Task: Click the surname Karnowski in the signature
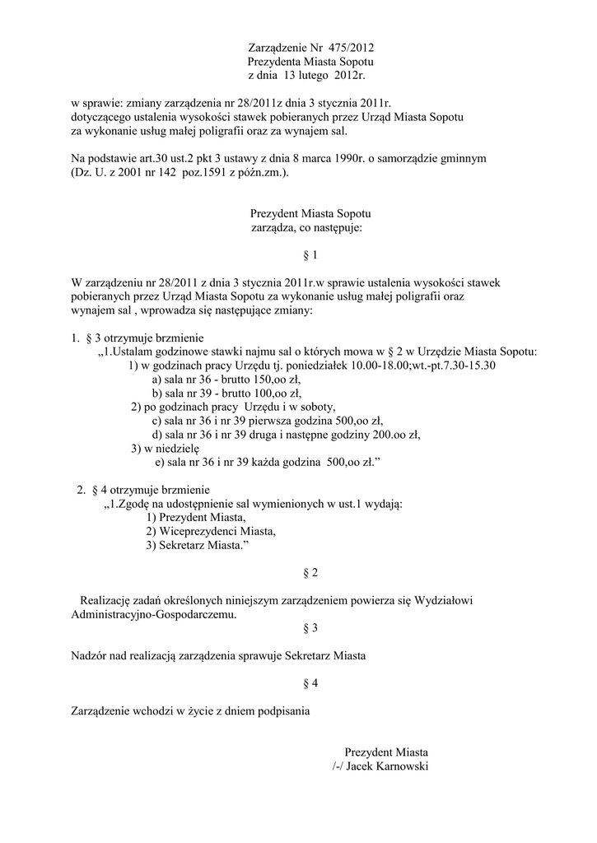point(398,766)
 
